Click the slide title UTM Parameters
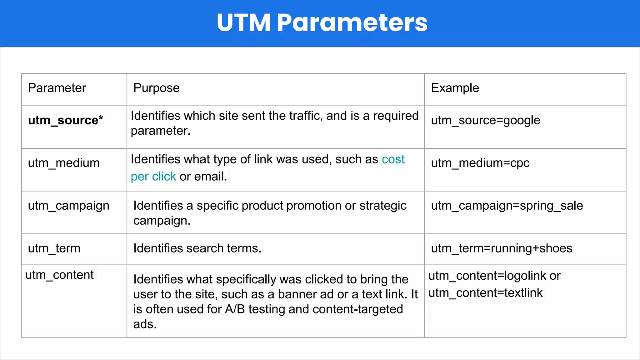322,23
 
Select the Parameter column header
57,88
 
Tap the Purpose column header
156,88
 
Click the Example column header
455,88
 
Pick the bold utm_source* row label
65,120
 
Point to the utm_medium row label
64,163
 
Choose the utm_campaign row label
68,206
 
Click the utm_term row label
54,248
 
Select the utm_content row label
59,275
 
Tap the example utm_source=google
485,120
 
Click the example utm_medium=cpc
480,163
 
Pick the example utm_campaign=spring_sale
507,206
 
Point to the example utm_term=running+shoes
502,248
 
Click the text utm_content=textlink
485,293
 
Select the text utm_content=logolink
487,276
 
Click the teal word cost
393,159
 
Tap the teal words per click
153,177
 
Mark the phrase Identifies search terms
197,248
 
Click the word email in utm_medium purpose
209,177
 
